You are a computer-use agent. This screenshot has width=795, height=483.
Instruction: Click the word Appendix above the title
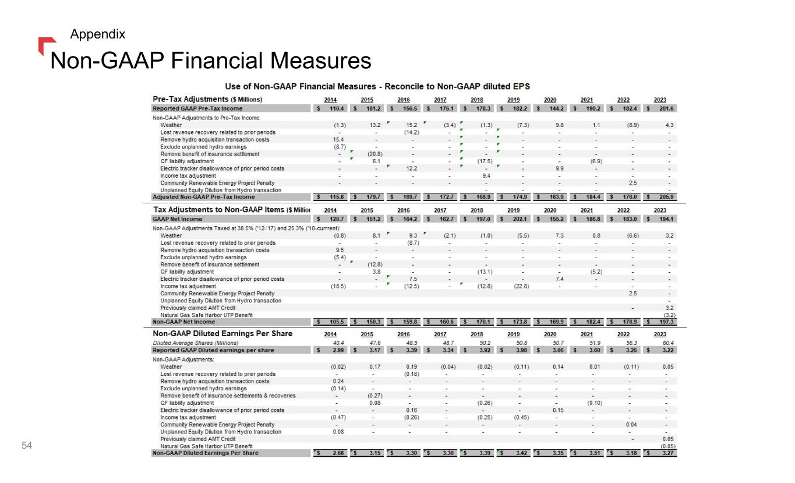pyautogui.click(x=97, y=34)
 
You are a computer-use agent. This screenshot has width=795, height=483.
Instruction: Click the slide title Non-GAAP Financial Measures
pyautogui.click(x=211, y=61)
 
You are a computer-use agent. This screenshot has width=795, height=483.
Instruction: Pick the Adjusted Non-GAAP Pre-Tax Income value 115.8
pyautogui.click(x=338, y=197)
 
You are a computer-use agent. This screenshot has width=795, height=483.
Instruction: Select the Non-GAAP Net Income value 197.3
pyautogui.click(x=667, y=322)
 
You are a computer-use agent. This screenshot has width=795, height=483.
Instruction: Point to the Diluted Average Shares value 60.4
pyautogui.click(x=667, y=343)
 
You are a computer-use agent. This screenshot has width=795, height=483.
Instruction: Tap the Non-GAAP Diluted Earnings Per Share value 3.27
pyautogui.click(x=668, y=453)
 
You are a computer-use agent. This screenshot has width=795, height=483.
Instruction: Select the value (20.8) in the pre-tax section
pyautogui.click(x=375, y=154)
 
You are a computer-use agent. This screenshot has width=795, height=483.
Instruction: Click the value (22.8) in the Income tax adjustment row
pyautogui.click(x=521, y=286)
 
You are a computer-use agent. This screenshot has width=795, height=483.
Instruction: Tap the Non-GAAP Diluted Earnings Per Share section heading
pyautogui.click(x=222, y=334)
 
